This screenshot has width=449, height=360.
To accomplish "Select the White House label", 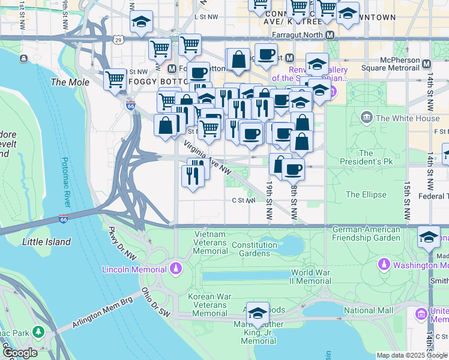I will click(407, 118).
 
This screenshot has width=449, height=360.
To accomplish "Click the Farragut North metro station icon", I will click(330, 35).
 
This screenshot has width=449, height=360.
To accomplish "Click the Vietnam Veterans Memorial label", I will click(209, 242).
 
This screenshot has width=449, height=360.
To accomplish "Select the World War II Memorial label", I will click(311, 277).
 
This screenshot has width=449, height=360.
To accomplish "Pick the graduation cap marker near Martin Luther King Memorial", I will click(258, 313).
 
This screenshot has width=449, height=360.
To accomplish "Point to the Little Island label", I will click(46, 242).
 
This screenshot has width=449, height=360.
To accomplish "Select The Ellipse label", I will click(366, 194).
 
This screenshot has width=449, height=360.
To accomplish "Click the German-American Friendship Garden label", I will click(366, 233).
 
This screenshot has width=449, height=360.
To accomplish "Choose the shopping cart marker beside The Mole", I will click(115, 79).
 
